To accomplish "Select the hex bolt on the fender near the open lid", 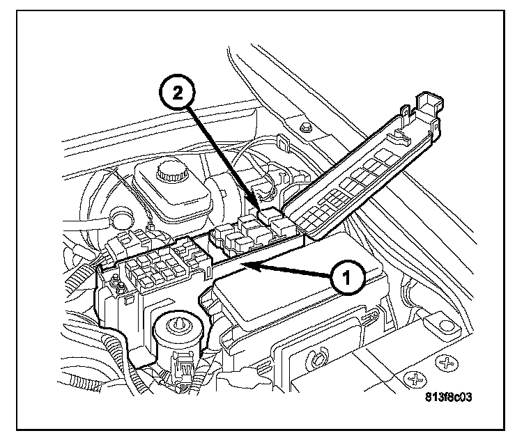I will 305,128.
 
